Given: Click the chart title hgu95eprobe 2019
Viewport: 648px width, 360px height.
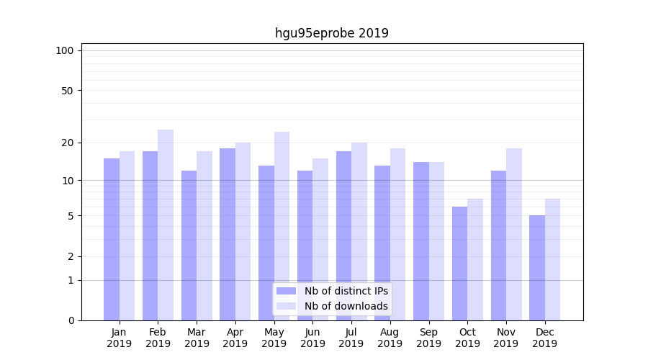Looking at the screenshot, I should click(x=331, y=33).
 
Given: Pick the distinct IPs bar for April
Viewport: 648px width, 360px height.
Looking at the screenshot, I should click(x=228, y=234).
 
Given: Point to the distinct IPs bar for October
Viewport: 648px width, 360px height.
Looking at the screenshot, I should click(x=459, y=264).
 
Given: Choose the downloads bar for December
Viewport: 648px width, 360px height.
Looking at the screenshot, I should click(x=552, y=259).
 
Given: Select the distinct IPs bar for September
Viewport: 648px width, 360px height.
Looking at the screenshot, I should click(x=421, y=241).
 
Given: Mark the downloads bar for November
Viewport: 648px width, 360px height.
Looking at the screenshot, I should click(x=513, y=234).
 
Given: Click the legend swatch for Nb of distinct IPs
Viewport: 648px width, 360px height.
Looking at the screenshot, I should click(x=287, y=291).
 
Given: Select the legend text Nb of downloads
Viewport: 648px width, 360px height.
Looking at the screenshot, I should click(x=346, y=306).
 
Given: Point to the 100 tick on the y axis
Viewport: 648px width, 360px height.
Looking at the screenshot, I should click(x=65, y=50).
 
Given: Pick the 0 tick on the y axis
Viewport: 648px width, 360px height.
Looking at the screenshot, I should click(x=71, y=320).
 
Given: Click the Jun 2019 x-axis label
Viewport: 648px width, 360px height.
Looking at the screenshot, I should click(x=312, y=338).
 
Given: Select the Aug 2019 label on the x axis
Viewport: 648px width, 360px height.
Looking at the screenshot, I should click(x=390, y=338).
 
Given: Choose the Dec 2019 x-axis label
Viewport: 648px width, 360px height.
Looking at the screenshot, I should click(x=544, y=338).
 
